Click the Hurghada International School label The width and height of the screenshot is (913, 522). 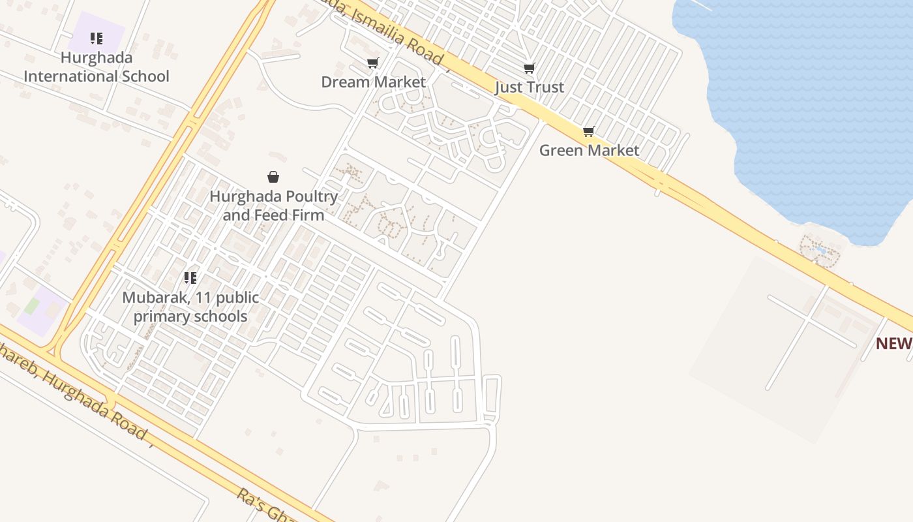(97, 67)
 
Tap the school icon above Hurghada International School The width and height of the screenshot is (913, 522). (97, 38)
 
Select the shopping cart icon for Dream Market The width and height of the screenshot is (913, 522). (372, 63)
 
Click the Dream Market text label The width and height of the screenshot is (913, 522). (373, 82)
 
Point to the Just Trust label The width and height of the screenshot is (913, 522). (530, 87)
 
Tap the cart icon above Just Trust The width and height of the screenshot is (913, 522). (530, 68)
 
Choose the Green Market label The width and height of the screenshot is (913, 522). (589, 151)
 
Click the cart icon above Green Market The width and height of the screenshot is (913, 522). (589, 132)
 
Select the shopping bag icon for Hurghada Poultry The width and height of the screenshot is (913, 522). (273, 177)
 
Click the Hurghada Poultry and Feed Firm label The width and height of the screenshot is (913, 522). (273, 206)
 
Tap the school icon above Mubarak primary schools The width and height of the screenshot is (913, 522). (190, 279)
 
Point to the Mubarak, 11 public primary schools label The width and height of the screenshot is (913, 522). (190, 307)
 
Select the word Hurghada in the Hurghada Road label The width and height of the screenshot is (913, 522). (98, 399)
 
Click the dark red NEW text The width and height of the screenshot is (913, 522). (893, 344)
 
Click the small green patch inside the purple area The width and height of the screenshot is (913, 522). (32, 306)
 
